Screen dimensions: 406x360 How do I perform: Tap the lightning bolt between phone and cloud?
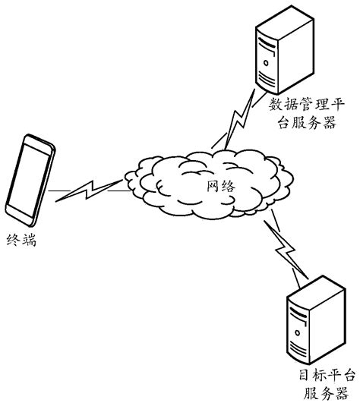pyautogui.click(x=88, y=190)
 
